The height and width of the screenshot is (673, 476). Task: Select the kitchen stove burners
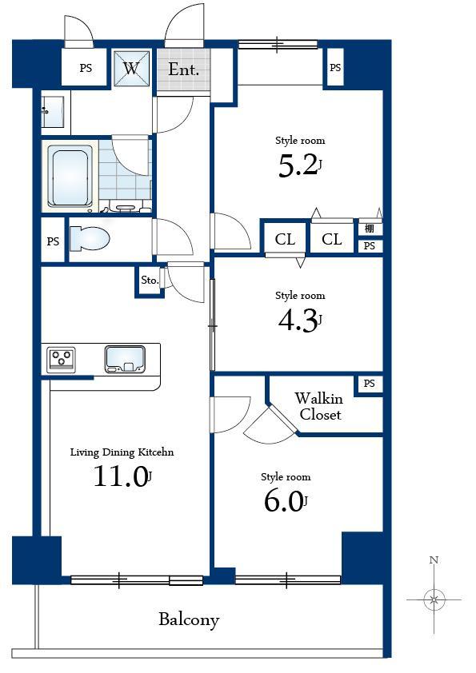[x=61, y=359]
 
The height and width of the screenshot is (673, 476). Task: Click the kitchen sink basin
[x=124, y=359]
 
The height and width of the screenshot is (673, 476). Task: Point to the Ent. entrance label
[x=183, y=70]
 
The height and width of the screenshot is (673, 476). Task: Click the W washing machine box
[x=132, y=68]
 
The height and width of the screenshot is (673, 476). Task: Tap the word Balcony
[x=188, y=619]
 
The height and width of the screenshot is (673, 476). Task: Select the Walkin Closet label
[x=319, y=406]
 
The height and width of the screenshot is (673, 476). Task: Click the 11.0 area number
[x=120, y=477]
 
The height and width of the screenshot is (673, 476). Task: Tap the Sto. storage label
[x=149, y=281]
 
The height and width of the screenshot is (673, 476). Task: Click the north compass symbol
[x=434, y=598]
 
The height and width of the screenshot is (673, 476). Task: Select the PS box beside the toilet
[x=53, y=241]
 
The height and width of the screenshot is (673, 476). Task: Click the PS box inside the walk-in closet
[x=369, y=384]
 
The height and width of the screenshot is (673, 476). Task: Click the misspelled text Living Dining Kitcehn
[x=122, y=452]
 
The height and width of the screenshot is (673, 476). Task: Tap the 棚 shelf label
[x=369, y=229]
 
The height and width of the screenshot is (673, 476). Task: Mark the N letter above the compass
[x=434, y=560]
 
